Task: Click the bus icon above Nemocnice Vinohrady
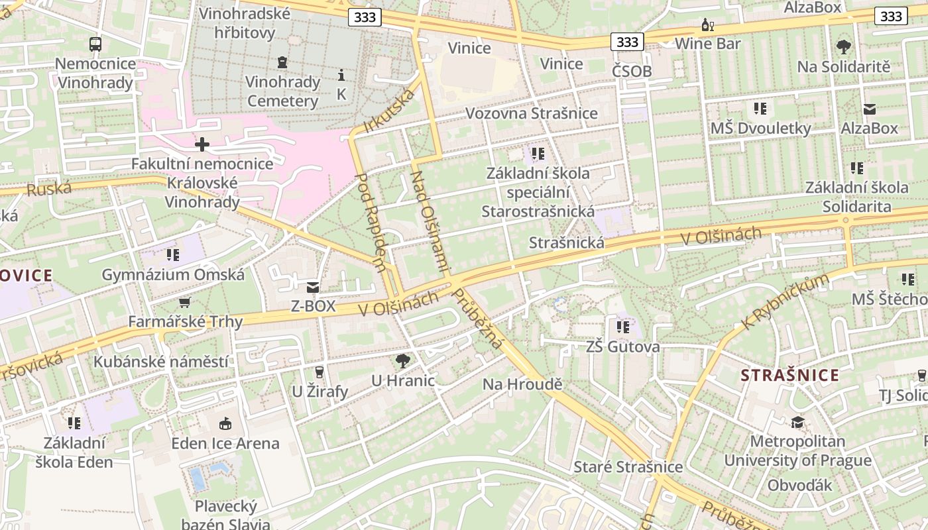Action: pos(95,44)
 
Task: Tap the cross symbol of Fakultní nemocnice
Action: pos(202,144)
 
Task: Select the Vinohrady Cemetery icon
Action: pos(283,63)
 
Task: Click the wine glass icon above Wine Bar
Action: pos(708,25)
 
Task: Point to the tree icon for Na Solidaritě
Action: pos(843,47)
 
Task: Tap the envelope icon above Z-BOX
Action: pos(313,288)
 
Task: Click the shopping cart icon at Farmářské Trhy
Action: pos(185,303)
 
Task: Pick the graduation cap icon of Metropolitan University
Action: pos(797,422)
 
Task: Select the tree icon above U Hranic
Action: pos(402,361)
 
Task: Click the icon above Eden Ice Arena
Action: pos(225,423)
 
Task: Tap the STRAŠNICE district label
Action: pos(790,376)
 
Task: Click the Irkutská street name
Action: pos(390,110)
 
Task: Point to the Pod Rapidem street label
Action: pos(371,223)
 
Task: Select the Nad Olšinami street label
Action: pos(431,223)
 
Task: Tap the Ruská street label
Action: pos(49,189)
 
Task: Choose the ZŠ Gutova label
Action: pos(623,347)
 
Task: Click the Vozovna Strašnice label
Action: pos(532,113)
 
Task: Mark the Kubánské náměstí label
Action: pos(161,362)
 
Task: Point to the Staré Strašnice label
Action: pos(628,467)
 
